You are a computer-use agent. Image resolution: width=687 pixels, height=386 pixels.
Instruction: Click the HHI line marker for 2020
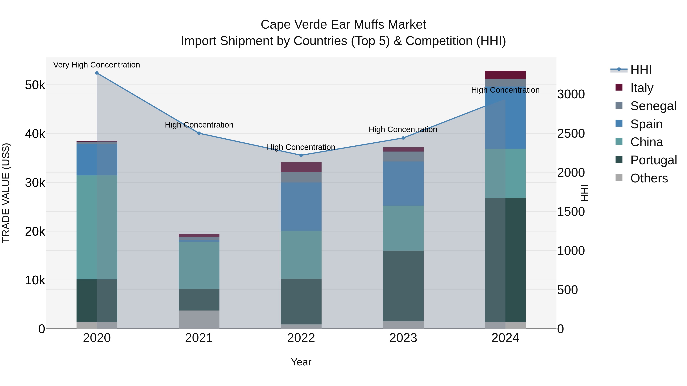click(x=97, y=73)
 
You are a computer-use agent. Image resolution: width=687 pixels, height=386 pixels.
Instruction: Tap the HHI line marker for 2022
click(x=301, y=155)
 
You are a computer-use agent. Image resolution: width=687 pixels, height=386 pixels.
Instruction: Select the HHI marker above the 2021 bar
click(x=199, y=133)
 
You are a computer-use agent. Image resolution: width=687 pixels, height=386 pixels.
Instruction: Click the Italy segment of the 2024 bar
click(x=505, y=75)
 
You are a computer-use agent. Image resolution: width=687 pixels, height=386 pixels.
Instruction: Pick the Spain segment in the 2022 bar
click(x=301, y=206)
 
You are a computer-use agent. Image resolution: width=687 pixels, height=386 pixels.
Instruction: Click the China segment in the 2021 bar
click(x=199, y=265)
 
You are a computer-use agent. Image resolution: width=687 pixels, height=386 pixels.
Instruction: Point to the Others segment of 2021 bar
click(x=199, y=319)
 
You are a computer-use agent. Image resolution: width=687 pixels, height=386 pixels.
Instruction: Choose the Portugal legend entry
click(x=653, y=160)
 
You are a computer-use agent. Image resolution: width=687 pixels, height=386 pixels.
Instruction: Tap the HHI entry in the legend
click(x=641, y=70)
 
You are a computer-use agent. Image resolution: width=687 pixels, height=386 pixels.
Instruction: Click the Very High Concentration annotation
click(x=97, y=65)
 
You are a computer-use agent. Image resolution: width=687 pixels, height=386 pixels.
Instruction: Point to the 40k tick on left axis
click(x=35, y=134)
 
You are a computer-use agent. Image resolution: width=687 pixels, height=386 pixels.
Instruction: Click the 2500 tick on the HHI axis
click(x=571, y=133)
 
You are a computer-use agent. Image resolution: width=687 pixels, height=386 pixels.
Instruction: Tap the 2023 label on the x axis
click(x=403, y=338)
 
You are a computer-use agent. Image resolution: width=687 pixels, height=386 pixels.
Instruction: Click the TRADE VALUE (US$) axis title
click(x=6, y=193)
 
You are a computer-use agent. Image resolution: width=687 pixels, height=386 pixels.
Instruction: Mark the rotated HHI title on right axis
click(x=584, y=193)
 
